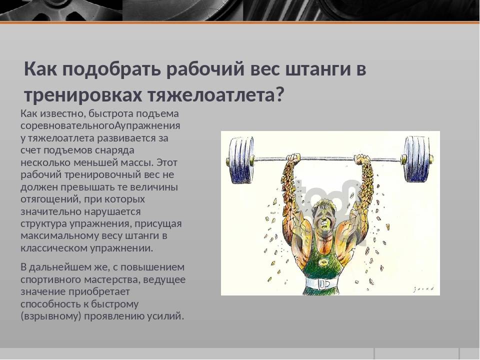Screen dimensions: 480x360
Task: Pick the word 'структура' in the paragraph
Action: click(43, 224)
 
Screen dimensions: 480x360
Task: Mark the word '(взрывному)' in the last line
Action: click(51, 316)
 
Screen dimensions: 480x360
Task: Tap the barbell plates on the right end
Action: click(418, 159)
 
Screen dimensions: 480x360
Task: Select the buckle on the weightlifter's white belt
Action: click(323, 284)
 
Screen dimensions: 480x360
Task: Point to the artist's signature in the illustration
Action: click(423, 289)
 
